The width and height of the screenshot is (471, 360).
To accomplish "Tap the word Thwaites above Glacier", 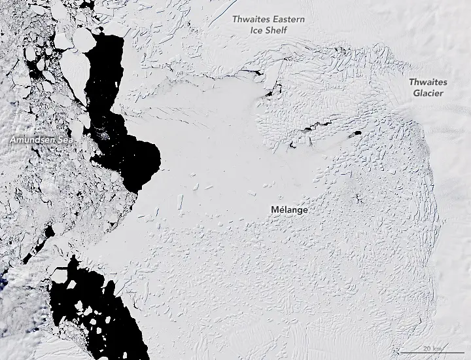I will point(428,82).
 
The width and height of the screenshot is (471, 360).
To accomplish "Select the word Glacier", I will point(428,93).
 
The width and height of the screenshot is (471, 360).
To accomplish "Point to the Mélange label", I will point(289,210).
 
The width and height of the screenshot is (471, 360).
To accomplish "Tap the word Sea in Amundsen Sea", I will point(64,141).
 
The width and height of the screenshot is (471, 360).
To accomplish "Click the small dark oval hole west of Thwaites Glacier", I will point(357,134).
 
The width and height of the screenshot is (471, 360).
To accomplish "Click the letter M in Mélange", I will point(273,210).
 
